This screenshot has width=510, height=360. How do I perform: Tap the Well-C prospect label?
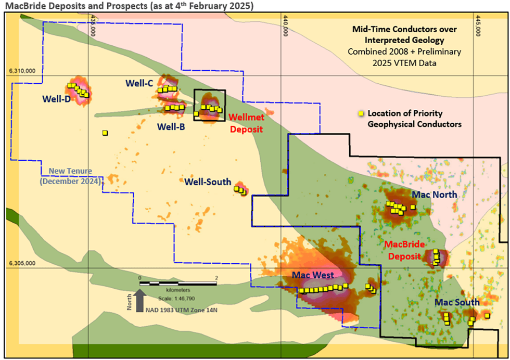click(139, 83)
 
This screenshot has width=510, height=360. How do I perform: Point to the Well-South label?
click(208, 182)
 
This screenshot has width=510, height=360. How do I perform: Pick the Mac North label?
click(435, 195)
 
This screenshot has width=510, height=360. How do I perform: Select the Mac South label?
click(457, 302)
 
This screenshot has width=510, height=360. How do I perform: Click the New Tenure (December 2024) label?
click(71, 176)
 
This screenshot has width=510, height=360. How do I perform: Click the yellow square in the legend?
click(360, 113)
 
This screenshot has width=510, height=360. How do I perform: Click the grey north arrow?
click(139, 301)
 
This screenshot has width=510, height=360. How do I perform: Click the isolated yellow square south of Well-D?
click(105, 133)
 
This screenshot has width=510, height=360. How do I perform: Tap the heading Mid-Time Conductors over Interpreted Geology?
click(404, 34)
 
